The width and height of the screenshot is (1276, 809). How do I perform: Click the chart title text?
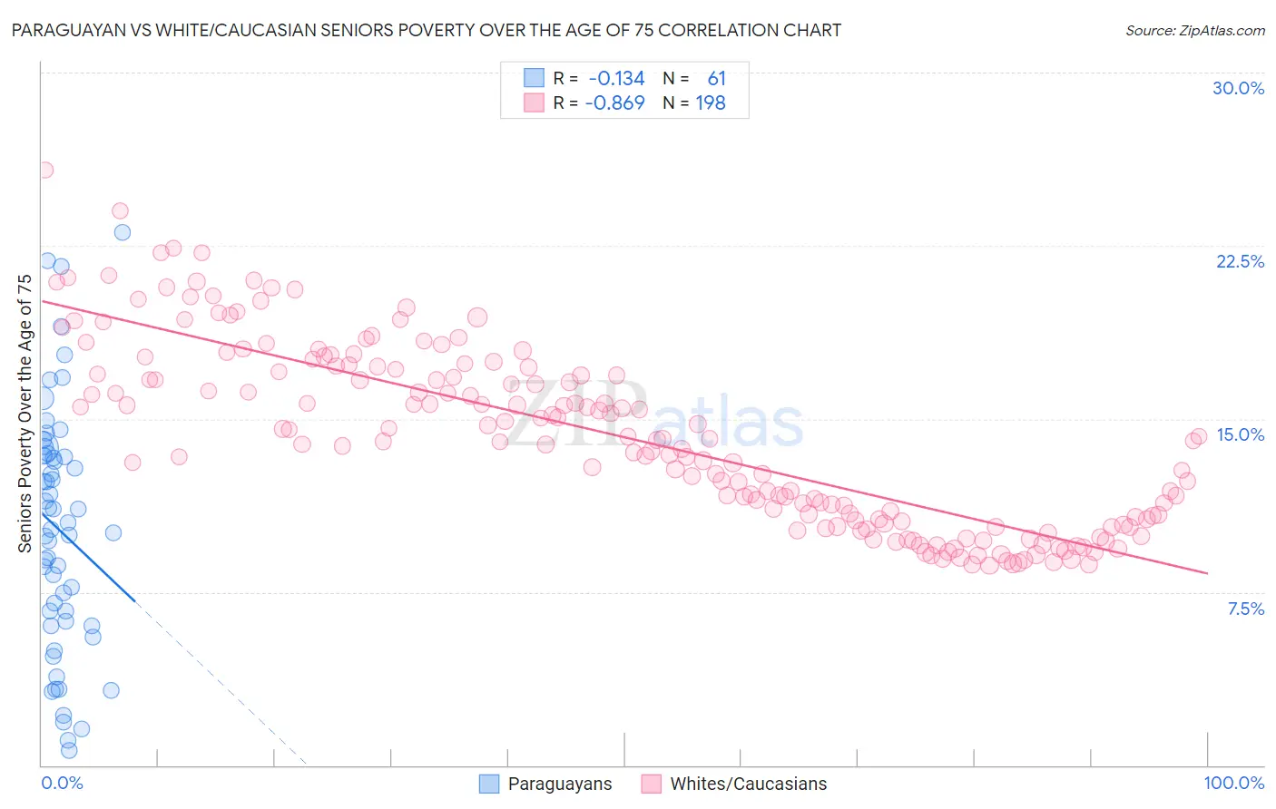click(424, 30)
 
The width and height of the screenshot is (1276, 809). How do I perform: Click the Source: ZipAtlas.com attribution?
click(1194, 30)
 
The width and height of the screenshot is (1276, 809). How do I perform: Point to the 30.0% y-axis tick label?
click(1238, 88)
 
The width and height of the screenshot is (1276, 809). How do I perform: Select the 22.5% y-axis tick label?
click(1240, 261)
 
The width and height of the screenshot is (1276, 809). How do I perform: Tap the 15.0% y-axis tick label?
click(1240, 434)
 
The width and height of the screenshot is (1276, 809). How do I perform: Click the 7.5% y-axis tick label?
click(1245, 609)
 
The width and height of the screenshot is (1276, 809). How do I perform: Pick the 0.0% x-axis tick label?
click(62, 783)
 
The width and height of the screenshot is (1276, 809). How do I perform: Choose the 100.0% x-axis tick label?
click(1233, 783)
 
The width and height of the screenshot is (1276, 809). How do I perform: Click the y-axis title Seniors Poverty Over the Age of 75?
click(25, 414)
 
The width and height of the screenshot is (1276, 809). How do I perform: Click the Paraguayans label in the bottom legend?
click(559, 784)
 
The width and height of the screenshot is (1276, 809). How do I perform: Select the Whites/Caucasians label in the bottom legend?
click(748, 784)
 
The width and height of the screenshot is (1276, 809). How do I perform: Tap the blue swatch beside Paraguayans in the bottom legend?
click(489, 784)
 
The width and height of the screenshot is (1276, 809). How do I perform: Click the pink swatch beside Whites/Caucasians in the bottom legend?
click(651, 784)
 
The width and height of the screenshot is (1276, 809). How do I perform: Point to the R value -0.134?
click(616, 79)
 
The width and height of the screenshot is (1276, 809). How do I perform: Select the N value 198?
click(711, 103)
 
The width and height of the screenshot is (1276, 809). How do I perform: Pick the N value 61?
click(716, 79)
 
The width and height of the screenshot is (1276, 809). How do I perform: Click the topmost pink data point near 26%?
click(44, 170)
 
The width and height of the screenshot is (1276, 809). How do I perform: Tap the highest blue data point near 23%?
click(122, 232)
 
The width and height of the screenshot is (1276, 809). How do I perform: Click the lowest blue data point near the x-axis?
click(69, 750)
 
